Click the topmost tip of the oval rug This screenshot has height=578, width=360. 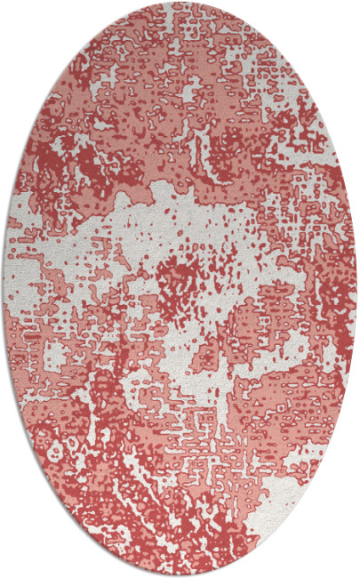[180, 4]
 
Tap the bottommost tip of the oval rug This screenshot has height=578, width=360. [180, 574]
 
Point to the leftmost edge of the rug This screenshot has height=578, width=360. [4, 289]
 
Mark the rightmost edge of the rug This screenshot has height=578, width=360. [356, 289]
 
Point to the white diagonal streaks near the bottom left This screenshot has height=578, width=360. [107, 480]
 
